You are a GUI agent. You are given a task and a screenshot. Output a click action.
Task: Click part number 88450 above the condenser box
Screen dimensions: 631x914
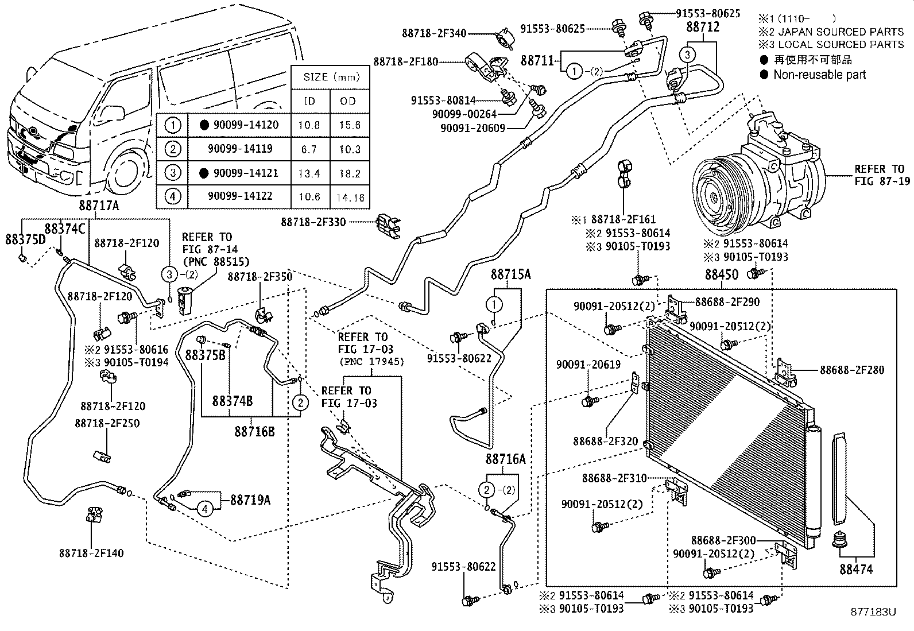click(x=721, y=275)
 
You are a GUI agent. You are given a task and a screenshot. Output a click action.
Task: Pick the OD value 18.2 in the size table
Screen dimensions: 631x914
click(x=349, y=173)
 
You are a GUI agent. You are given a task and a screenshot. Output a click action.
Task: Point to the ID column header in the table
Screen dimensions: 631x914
click(x=309, y=102)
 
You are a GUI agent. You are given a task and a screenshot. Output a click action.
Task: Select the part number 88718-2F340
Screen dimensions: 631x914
click(x=434, y=34)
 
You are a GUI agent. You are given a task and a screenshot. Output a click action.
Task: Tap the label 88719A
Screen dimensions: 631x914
click(x=250, y=500)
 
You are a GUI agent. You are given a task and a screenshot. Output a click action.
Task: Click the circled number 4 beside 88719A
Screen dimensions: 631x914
click(x=204, y=508)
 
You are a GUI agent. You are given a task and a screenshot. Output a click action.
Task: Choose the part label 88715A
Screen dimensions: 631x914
click(x=510, y=275)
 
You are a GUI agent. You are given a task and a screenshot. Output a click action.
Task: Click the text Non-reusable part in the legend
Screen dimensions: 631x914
click(x=819, y=75)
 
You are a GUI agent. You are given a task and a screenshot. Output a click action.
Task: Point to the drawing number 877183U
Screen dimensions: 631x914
click(x=873, y=611)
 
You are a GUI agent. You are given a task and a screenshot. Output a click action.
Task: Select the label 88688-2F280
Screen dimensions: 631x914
click(x=852, y=370)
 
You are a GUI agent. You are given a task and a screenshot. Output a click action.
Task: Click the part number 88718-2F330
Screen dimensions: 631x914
click(x=313, y=222)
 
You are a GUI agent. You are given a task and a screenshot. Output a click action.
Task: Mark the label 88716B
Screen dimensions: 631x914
click(x=254, y=431)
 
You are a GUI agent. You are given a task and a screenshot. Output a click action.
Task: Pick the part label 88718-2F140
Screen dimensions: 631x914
click(x=91, y=553)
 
